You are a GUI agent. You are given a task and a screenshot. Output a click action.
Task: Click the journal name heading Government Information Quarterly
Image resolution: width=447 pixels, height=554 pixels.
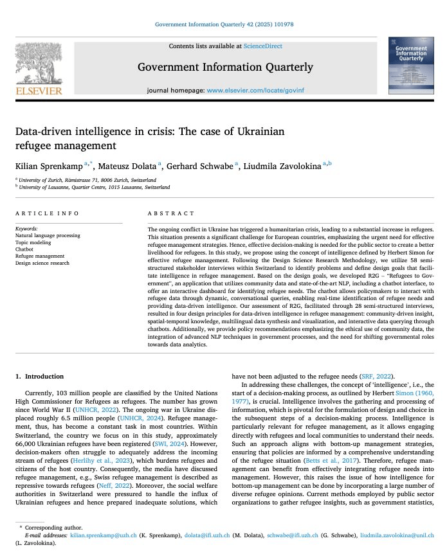pos(225,67)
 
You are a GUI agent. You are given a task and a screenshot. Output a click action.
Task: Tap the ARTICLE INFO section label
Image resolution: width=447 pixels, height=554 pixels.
pos(47,213)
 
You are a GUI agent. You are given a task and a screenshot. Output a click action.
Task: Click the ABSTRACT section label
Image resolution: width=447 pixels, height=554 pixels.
pos(170,213)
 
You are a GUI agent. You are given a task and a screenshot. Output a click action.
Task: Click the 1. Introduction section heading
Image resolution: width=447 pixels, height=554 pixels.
pos(40,375)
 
